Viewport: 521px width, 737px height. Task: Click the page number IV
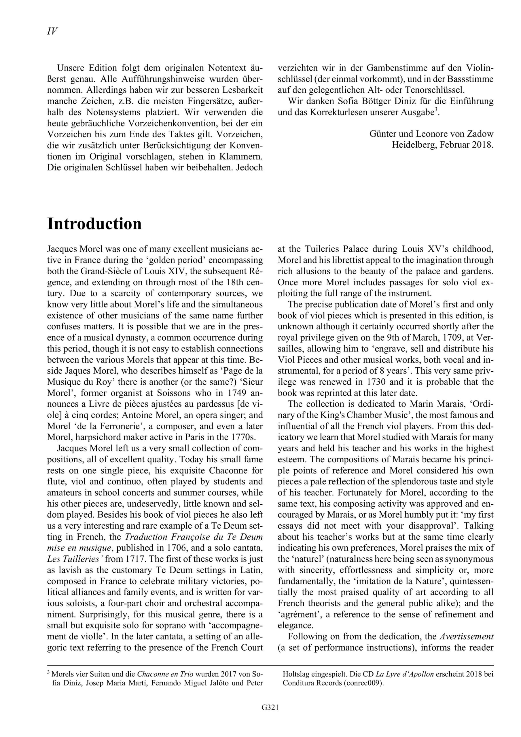point(52,31)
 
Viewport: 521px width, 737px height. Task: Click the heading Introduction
point(94,224)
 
